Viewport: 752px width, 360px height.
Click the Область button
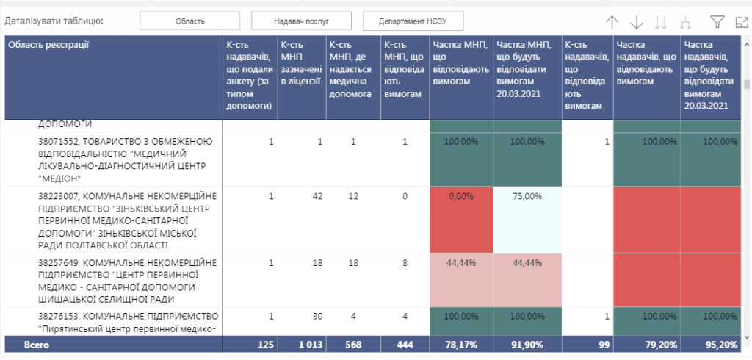pyautogui.click(x=190, y=21)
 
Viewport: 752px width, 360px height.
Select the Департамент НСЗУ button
pyautogui.click(x=413, y=21)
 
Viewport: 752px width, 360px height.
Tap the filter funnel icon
pyautogui.click(x=717, y=21)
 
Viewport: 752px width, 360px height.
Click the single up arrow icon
pyautogui.click(x=612, y=22)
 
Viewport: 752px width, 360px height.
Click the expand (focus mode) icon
pyautogui.click(x=742, y=22)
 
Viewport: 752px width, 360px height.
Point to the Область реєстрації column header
pyautogui.click(x=48, y=45)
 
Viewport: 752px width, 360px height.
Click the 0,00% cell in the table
pyautogui.click(x=461, y=196)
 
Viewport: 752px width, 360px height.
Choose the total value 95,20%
pyautogui.click(x=722, y=345)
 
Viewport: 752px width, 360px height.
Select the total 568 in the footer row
pyautogui.click(x=364, y=345)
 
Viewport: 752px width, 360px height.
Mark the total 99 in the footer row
pyautogui.click(x=604, y=345)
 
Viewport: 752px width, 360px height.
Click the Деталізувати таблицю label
pyautogui.click(x=54, y=21)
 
